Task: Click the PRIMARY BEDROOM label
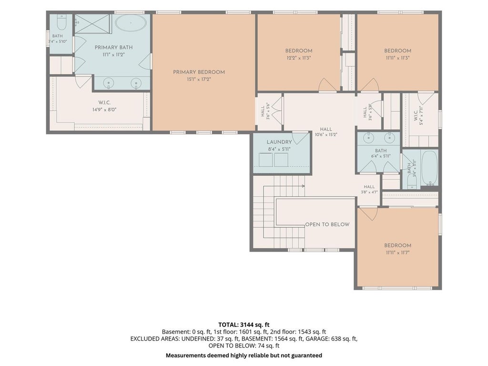pos(199,72)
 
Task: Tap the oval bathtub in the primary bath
pos(131,23)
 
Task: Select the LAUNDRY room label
pos(279,142)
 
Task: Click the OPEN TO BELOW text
pos(327,224)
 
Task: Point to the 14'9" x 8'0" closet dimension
pos(104,110)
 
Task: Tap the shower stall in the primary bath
pos(93,24)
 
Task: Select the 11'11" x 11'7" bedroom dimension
pos(397,253)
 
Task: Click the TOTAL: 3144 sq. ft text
pos(244,325)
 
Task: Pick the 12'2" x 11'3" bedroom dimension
pos(299,58)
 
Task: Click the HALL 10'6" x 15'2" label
pos(326,132)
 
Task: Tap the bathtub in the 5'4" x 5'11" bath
pos(429,168)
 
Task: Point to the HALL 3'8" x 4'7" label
pos(369,189)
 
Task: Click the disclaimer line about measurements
pos(244,355)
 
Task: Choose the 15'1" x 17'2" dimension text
pos(199,80)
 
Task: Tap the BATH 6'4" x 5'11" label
pos(381,153)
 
